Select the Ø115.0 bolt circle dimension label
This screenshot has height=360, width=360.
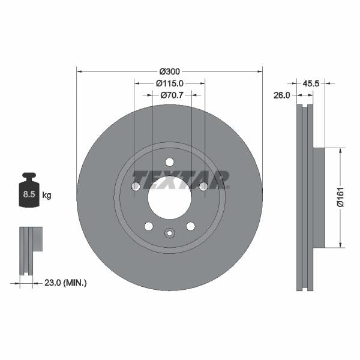point(169,83)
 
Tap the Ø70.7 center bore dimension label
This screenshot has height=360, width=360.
point(170,95)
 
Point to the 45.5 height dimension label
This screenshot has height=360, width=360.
point(311,83)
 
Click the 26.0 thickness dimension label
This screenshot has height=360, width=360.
point(282,95)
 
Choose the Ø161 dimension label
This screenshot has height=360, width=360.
point(340,197)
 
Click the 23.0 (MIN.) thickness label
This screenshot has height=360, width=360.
point(66,282)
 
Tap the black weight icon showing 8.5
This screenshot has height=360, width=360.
point(28,191)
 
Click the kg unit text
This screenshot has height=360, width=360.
point(47,195)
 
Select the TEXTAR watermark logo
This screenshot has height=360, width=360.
point(181,179)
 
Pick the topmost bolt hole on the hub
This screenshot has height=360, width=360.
point(169,162)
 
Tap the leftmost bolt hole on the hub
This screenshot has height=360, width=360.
point(136,187)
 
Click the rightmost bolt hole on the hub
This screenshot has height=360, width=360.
point(203,187)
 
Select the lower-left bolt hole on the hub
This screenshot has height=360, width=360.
point(148,226)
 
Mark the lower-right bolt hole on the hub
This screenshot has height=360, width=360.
point(190,226)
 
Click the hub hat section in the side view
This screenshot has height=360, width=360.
point(318,197)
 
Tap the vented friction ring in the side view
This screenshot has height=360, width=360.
point(305,197)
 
